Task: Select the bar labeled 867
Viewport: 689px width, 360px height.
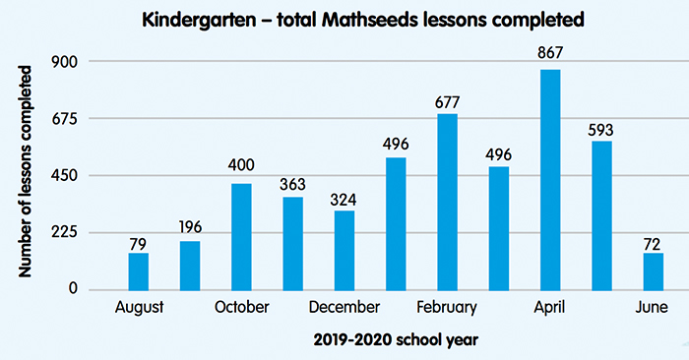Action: point(550,179)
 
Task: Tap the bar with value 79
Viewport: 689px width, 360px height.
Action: point(138,270)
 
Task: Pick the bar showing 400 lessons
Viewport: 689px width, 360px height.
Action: point(241,236)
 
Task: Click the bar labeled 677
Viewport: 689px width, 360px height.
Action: point(447,202)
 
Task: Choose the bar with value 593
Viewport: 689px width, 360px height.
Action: point(601,215)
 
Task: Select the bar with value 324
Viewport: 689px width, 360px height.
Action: point(344,250)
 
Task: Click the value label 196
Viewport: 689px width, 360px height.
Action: point(189,228)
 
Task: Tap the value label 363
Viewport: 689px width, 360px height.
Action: point(292,184)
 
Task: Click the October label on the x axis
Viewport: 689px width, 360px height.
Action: point(241,308)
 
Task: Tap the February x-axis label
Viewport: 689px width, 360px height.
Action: point(447,308)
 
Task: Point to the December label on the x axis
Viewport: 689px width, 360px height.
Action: point(344,308)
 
